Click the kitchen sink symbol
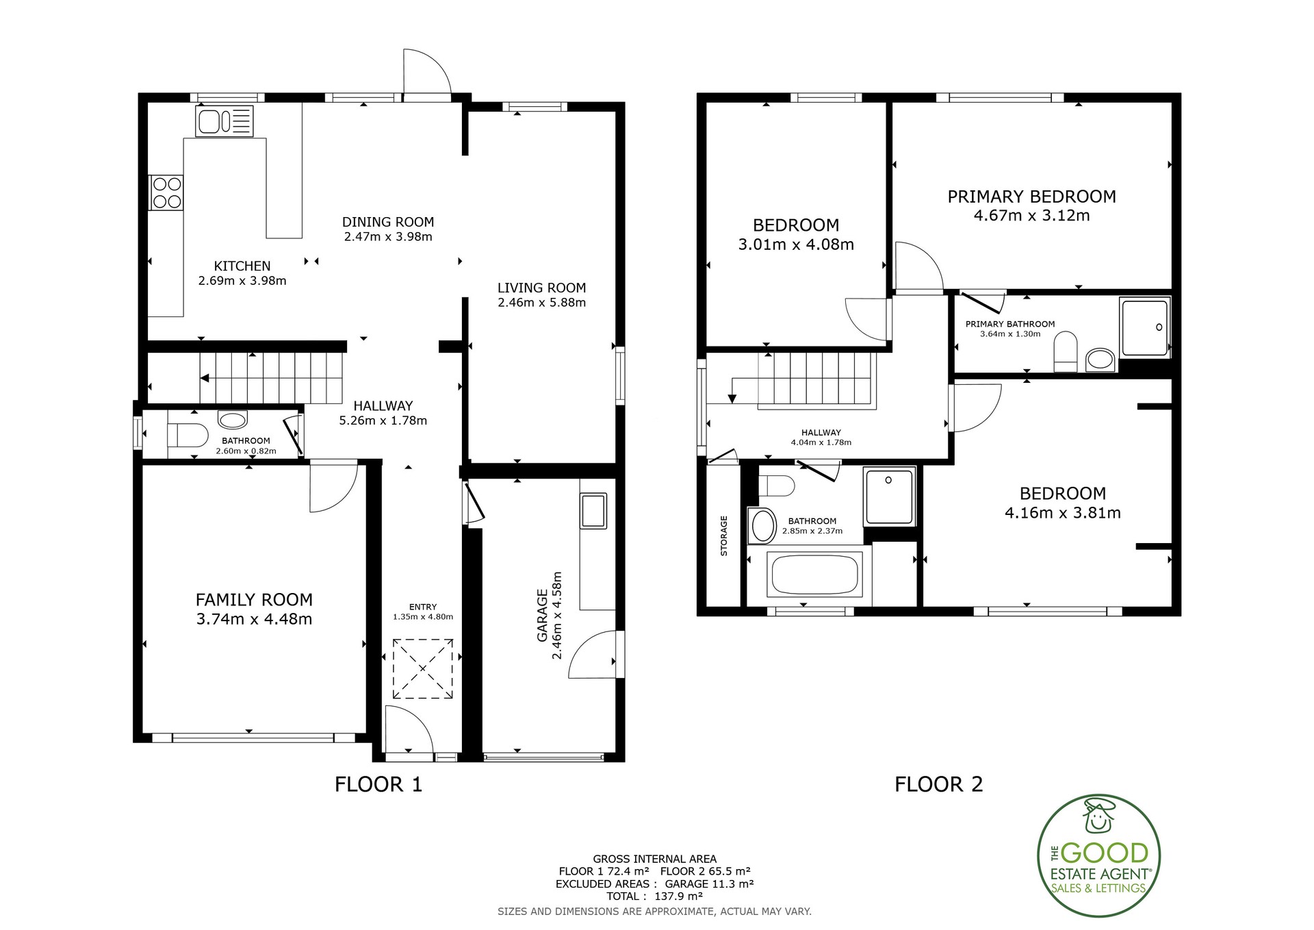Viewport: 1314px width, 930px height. (224, 121)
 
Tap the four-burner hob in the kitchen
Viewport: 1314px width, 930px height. (166, 192)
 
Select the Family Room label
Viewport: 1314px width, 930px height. (254, 600)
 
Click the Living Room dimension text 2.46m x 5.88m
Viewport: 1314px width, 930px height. (541, 303)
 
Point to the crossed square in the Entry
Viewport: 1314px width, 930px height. (422, 669)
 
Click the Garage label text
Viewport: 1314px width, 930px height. (543, 616)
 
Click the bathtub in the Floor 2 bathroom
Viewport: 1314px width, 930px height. (814, 575)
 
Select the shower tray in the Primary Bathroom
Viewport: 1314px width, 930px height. (1145, 327)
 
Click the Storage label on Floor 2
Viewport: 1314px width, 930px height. (724, 536)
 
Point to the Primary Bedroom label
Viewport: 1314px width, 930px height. (1031, 197)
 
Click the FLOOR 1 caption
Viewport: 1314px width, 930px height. (378, 784)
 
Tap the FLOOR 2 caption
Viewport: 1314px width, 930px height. (938, 784)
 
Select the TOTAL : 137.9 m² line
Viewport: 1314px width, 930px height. (654, 896)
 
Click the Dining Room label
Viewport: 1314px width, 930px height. (388, 222)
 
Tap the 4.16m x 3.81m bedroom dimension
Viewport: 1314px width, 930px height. (1063, 513)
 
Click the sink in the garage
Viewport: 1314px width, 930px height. (593, 511)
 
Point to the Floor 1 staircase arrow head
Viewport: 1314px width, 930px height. (204, 377)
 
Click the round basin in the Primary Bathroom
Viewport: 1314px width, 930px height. (1100, 358)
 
